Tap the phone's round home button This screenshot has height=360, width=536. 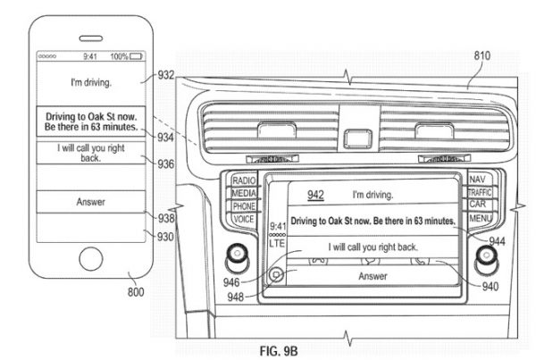click(x=88, y=261)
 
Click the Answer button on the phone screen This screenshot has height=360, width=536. click(x=88, y=202)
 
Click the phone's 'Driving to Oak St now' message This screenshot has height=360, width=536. click(x=88, y=121)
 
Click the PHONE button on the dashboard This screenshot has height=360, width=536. click(x=244, y=205)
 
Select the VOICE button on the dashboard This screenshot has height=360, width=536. click(x=244, y=218)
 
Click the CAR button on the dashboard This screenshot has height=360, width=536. click(x=479, y=205)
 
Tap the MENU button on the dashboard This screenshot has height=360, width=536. click(x=479, y=218)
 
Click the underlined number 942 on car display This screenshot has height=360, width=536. click(x=315, y=193)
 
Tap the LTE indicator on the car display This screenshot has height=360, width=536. click(x=277, y=243)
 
